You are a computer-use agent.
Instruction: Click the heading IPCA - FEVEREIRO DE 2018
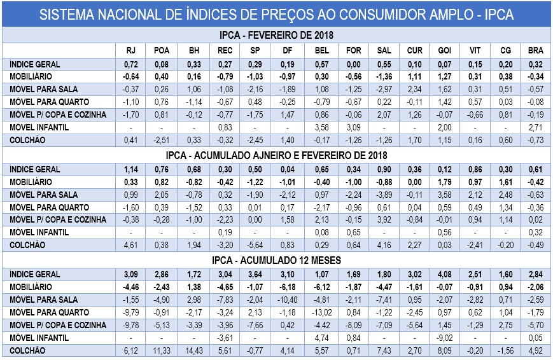pyautogui.click(x=276, y=36)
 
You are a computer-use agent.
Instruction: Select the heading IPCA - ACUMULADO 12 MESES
pyautogui.click(x=276, y=260)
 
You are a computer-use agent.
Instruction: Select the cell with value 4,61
pyautogui.click(x=131, y=245)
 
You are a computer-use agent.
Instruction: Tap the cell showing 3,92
pyautogui.click(x=384, y=220)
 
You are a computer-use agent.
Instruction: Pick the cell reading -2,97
pyautogui.click(x=384, y=90)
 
